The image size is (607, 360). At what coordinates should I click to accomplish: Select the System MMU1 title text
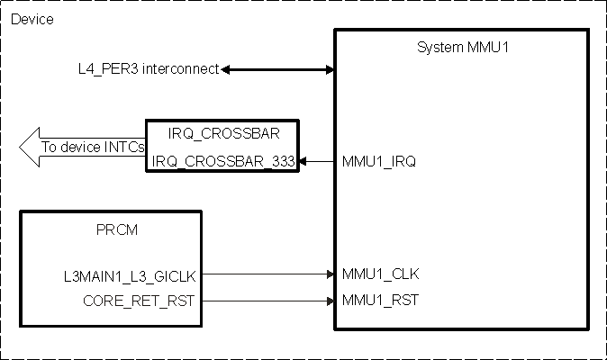pos(461,47)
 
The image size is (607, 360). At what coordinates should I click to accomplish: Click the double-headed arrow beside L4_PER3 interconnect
pos(277,69)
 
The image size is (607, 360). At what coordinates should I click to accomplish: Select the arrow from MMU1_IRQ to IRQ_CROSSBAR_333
pos(317,161)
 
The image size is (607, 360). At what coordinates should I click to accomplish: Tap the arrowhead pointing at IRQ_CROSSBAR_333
pos(303,161)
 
